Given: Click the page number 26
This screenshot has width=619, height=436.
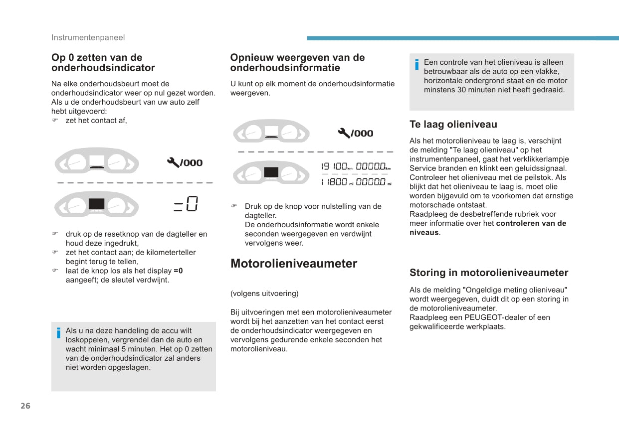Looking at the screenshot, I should coord(25,406).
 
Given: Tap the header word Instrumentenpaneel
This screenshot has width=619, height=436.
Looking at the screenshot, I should coord(88,37).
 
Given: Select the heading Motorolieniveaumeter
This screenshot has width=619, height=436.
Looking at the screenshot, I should coord(294,264).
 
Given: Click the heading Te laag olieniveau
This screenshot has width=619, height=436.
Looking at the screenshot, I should coord(453,125).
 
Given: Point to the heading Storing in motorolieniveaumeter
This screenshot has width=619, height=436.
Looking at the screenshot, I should coord(488,273).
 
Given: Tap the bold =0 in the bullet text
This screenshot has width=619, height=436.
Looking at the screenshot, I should coord(178,271).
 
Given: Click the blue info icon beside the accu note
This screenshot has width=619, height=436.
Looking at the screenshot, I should coord(58,333).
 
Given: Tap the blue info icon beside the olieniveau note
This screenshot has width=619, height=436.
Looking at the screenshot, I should coord(416,65).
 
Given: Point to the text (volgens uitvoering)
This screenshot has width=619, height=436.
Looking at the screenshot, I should coord(264,293).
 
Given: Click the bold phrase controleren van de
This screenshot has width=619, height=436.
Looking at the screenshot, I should coord(531,223).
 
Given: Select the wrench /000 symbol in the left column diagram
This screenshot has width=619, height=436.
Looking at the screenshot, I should coord(185,162).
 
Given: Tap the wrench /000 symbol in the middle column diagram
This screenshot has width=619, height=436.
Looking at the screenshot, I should coord(355,133).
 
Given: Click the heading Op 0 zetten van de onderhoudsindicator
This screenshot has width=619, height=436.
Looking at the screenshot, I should coord(103,63).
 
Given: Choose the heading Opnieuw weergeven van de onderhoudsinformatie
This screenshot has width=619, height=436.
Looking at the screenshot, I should coord(297,63).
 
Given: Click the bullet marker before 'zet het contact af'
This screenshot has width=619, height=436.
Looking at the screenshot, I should coord(55,121).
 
